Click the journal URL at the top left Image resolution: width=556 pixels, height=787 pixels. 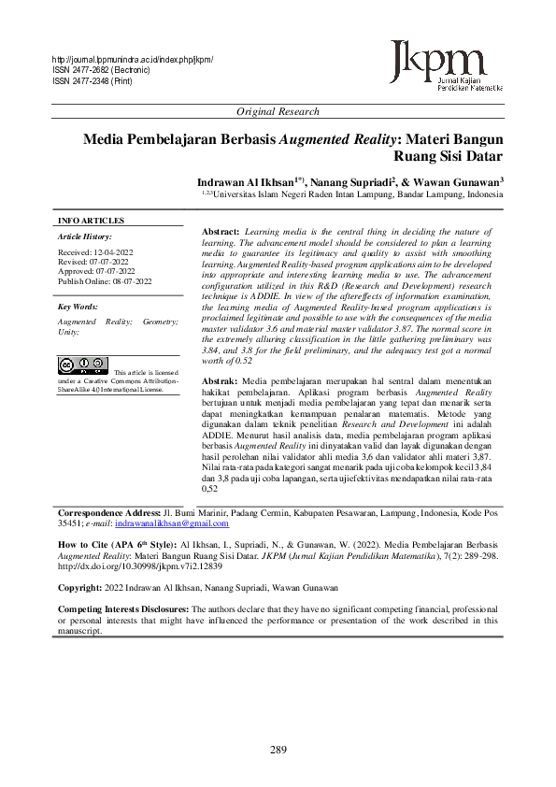pyautogui.click(x=133, y=61)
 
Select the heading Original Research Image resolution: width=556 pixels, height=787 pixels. pyautogui.click(x=278, y=111)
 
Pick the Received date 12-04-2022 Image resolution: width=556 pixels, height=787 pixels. pyautogui.click(x=94, y=252)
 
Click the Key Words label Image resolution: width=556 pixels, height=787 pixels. pyautogui.click(x=78, y=307)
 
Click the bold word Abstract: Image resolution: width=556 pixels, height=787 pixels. pyautogui.click(x=221, y=230)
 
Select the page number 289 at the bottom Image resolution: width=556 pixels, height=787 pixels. pyautogui.click(x=278, y=750)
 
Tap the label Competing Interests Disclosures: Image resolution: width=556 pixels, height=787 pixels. pyautogui.click(x=123, y=609)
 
